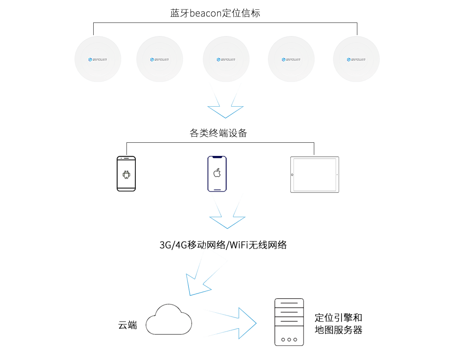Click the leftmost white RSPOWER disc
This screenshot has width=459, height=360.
98,59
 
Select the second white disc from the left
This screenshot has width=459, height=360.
160,59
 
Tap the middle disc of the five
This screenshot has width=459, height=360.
226,59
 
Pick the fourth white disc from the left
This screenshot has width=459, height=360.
291,59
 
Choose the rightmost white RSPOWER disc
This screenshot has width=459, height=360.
356,59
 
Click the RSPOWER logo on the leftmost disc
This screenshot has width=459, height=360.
98,59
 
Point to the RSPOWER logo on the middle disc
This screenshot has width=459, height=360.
226,59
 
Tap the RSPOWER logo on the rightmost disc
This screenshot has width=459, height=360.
356,59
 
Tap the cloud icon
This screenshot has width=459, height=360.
169,320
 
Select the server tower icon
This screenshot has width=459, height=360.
289,322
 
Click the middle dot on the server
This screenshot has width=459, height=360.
289,339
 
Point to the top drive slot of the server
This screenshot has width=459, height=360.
289,303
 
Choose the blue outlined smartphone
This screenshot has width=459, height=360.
217,174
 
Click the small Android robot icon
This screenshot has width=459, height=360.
126,176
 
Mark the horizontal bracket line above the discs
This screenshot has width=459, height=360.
225,22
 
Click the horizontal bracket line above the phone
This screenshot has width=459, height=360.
220,142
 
